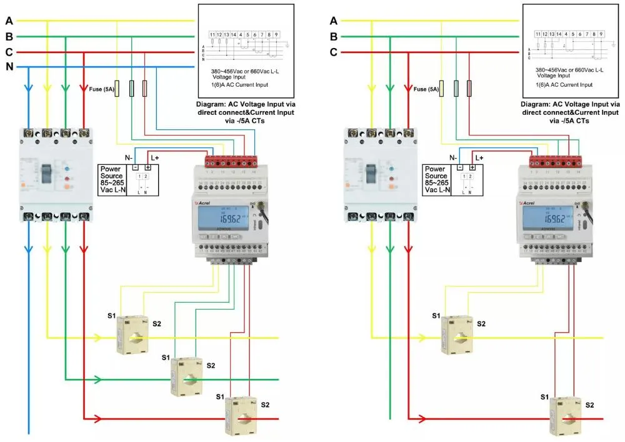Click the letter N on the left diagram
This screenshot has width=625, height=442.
point(9,67)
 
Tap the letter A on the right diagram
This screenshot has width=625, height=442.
point(334,21)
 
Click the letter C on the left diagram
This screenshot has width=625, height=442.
point(9,52)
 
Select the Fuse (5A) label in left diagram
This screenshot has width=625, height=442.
point(102,89)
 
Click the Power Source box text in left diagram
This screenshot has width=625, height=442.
point(112,177)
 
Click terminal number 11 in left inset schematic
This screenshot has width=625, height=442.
point(212,34)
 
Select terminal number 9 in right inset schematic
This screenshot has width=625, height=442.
point(601,34)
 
